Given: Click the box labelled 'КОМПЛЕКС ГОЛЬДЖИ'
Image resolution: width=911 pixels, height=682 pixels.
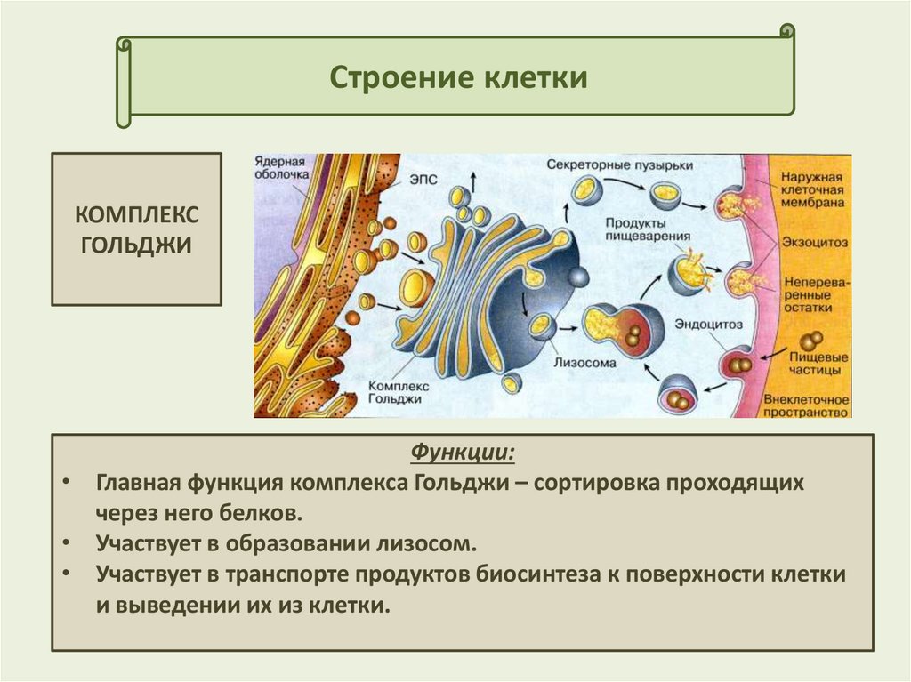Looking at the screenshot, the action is (x=136, y=229).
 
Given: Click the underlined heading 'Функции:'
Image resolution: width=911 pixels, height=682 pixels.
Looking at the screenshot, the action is (x=462, y=453).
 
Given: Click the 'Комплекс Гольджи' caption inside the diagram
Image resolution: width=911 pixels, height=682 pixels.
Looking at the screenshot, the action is (x=399, y=394).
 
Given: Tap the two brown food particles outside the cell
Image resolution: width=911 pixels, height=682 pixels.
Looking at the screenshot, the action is (x=810, y=341).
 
